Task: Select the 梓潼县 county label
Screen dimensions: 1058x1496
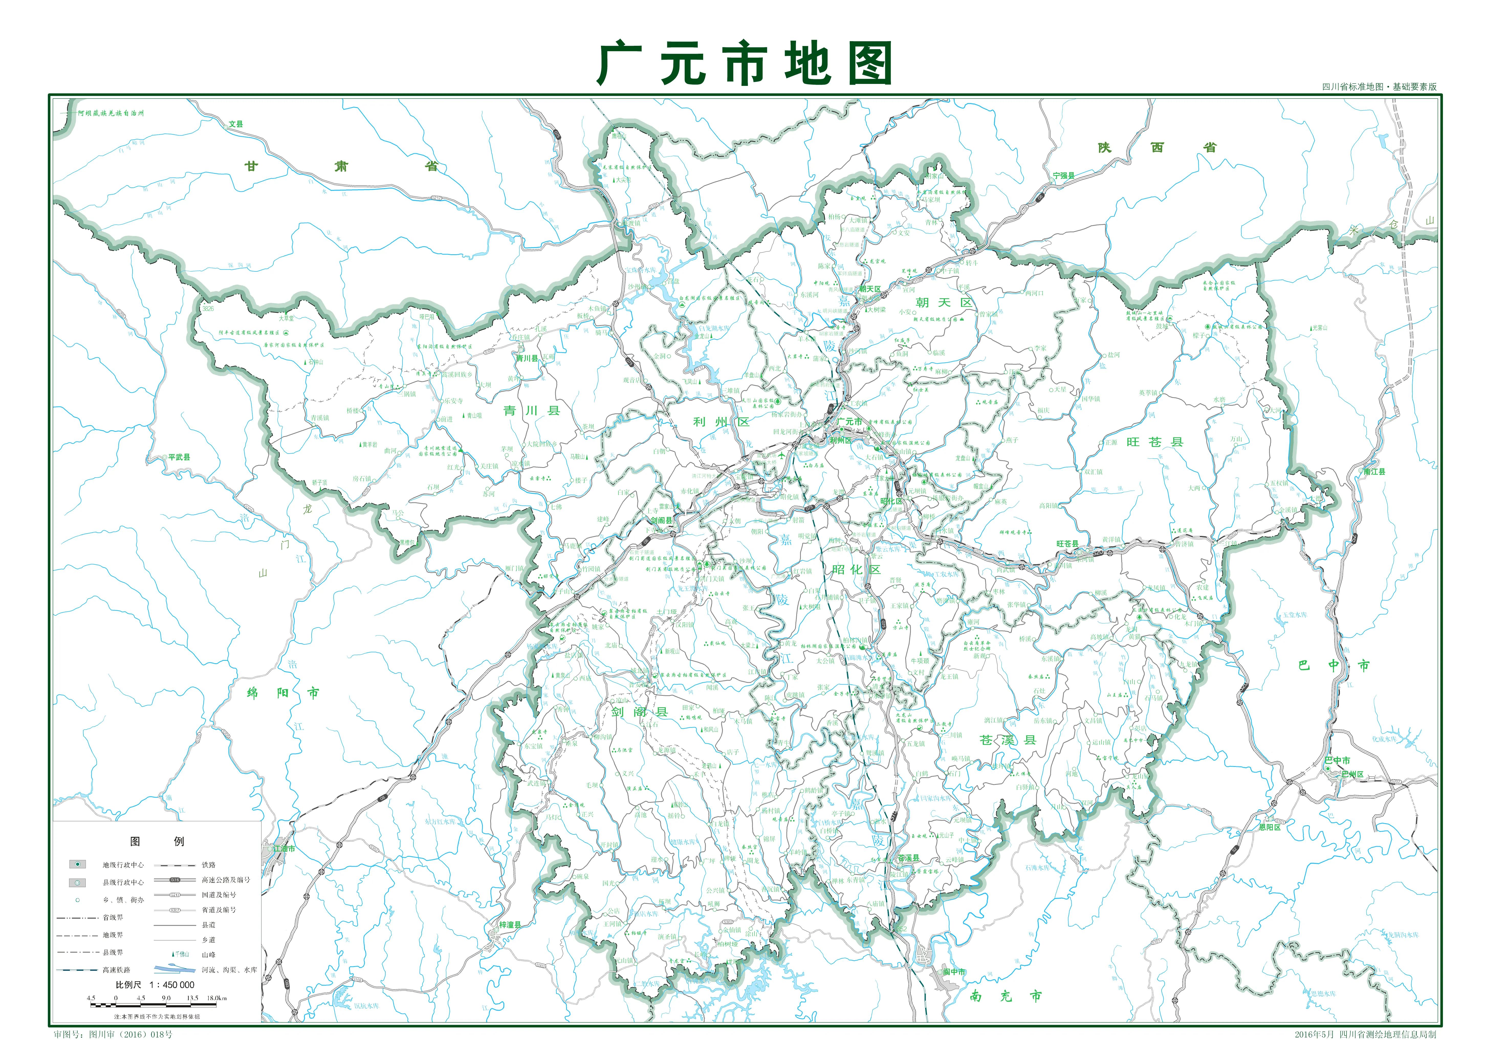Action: (510, 925)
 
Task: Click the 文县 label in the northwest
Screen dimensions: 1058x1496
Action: (235, 124)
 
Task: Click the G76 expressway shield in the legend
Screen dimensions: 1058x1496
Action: (174, 879)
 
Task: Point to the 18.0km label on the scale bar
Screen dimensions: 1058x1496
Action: (217, 998)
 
